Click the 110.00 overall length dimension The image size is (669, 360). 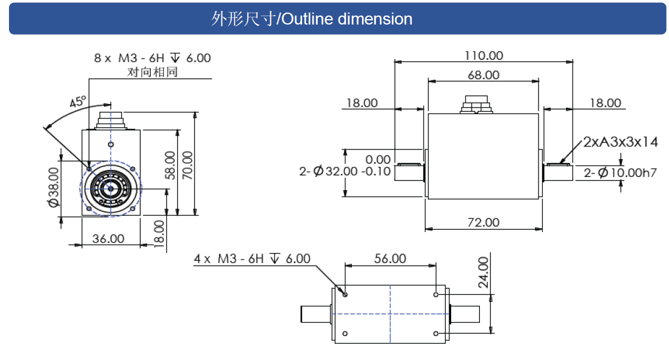coord(483,56)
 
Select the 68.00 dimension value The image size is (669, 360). coord(483,75)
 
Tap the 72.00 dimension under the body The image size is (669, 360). coord(483,222)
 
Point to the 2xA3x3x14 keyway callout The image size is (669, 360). coord(621,142)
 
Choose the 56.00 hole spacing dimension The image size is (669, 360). coord(390,259)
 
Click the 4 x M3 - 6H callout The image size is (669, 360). coord(252,259)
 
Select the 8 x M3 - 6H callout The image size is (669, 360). coord(152,58)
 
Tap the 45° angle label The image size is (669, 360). coord(78,102)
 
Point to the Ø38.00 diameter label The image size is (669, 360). coord(53,187)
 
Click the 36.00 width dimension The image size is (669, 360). coord(108,239)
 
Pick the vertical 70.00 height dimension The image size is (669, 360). coord(188,165)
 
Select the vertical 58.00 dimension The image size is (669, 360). coord(169,165)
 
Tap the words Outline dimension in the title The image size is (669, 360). coord(346,19)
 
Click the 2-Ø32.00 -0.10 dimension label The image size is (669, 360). coord(345,172)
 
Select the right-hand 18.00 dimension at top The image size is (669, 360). coord(605,103)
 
